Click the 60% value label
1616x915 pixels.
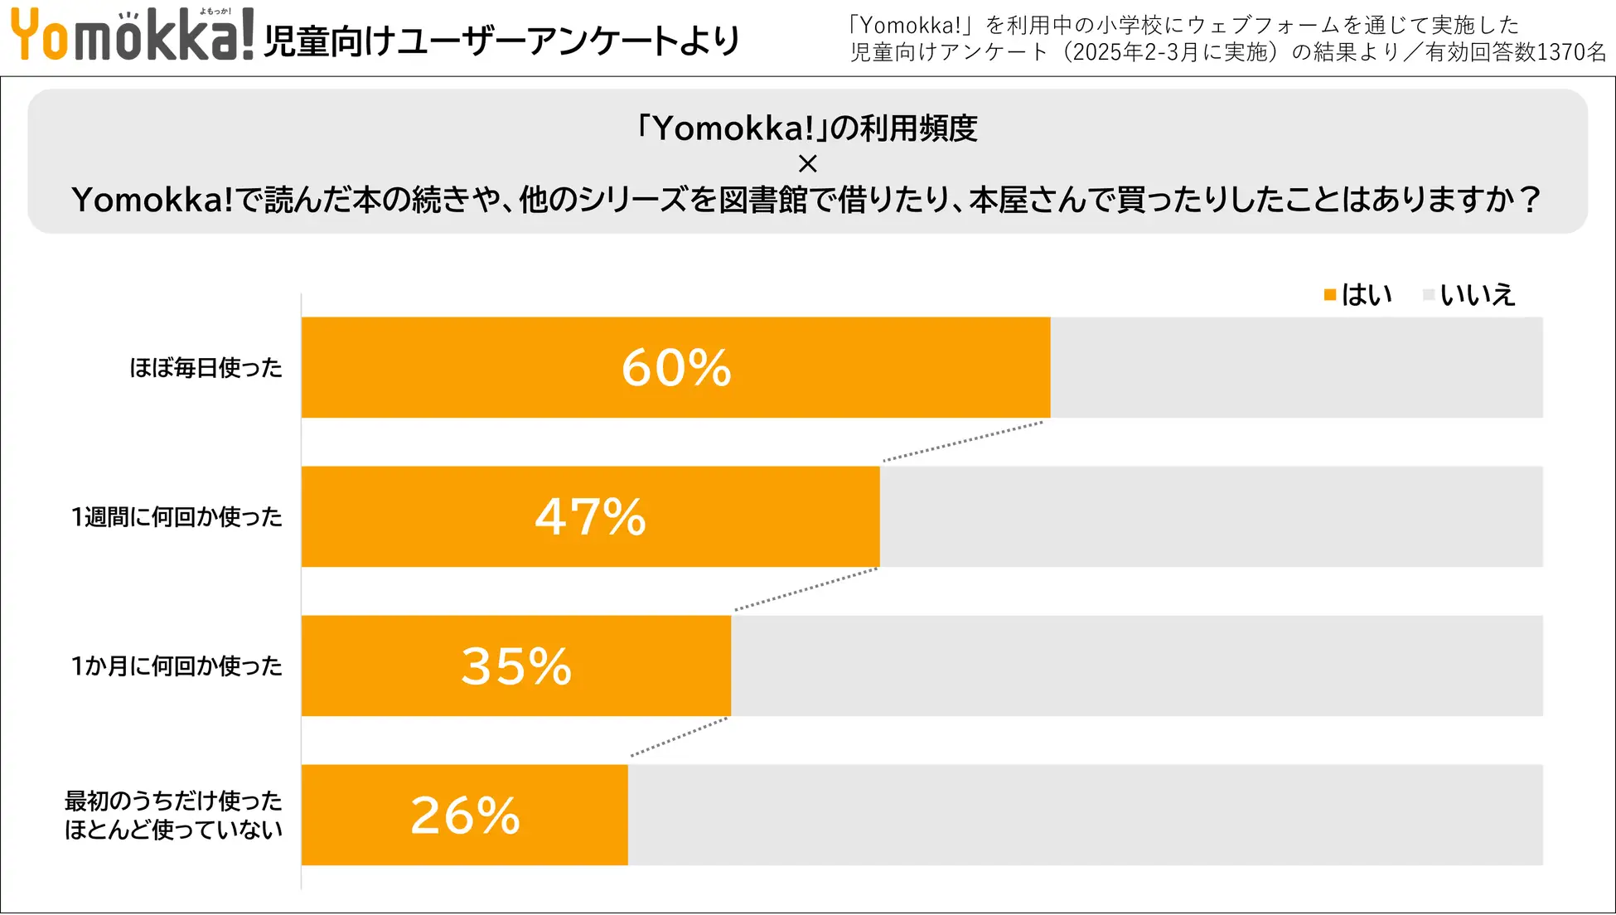pyautogui.click(x=676, y=367)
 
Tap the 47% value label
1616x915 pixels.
pyautogui.click(x=590, y=516)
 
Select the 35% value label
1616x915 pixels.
pyautogui.click(x=516, y=666)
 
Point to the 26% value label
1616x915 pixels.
pyautogui.click(x=465, y=815)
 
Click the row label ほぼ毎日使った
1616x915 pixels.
pyautogui.click(x=206, y=367)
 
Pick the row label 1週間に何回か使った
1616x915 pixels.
pyautogui.click(x=177, y=516)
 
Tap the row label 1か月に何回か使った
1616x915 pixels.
pyautogui.click(x=177, y=666)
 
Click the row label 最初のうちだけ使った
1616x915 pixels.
pyautogui.click(x=173, y=801)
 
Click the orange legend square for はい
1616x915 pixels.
pyautogui.click(x=1330, y=295)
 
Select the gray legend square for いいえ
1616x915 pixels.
pyautogui.click(x=1428, y=295)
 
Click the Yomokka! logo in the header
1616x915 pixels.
pyautogui.click(x=131, y=35)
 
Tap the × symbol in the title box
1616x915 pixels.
pyautogui.click(x=807, y=164)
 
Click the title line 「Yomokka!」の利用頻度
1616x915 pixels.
pyautogui.click(x=807, y=128)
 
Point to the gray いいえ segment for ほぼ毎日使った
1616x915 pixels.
pyautogui.click(x=1295, y=367)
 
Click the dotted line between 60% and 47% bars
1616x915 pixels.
pyautogui.click(x=963, y=441)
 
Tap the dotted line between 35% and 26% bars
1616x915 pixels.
pyautogui.click(x=680, y=737)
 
